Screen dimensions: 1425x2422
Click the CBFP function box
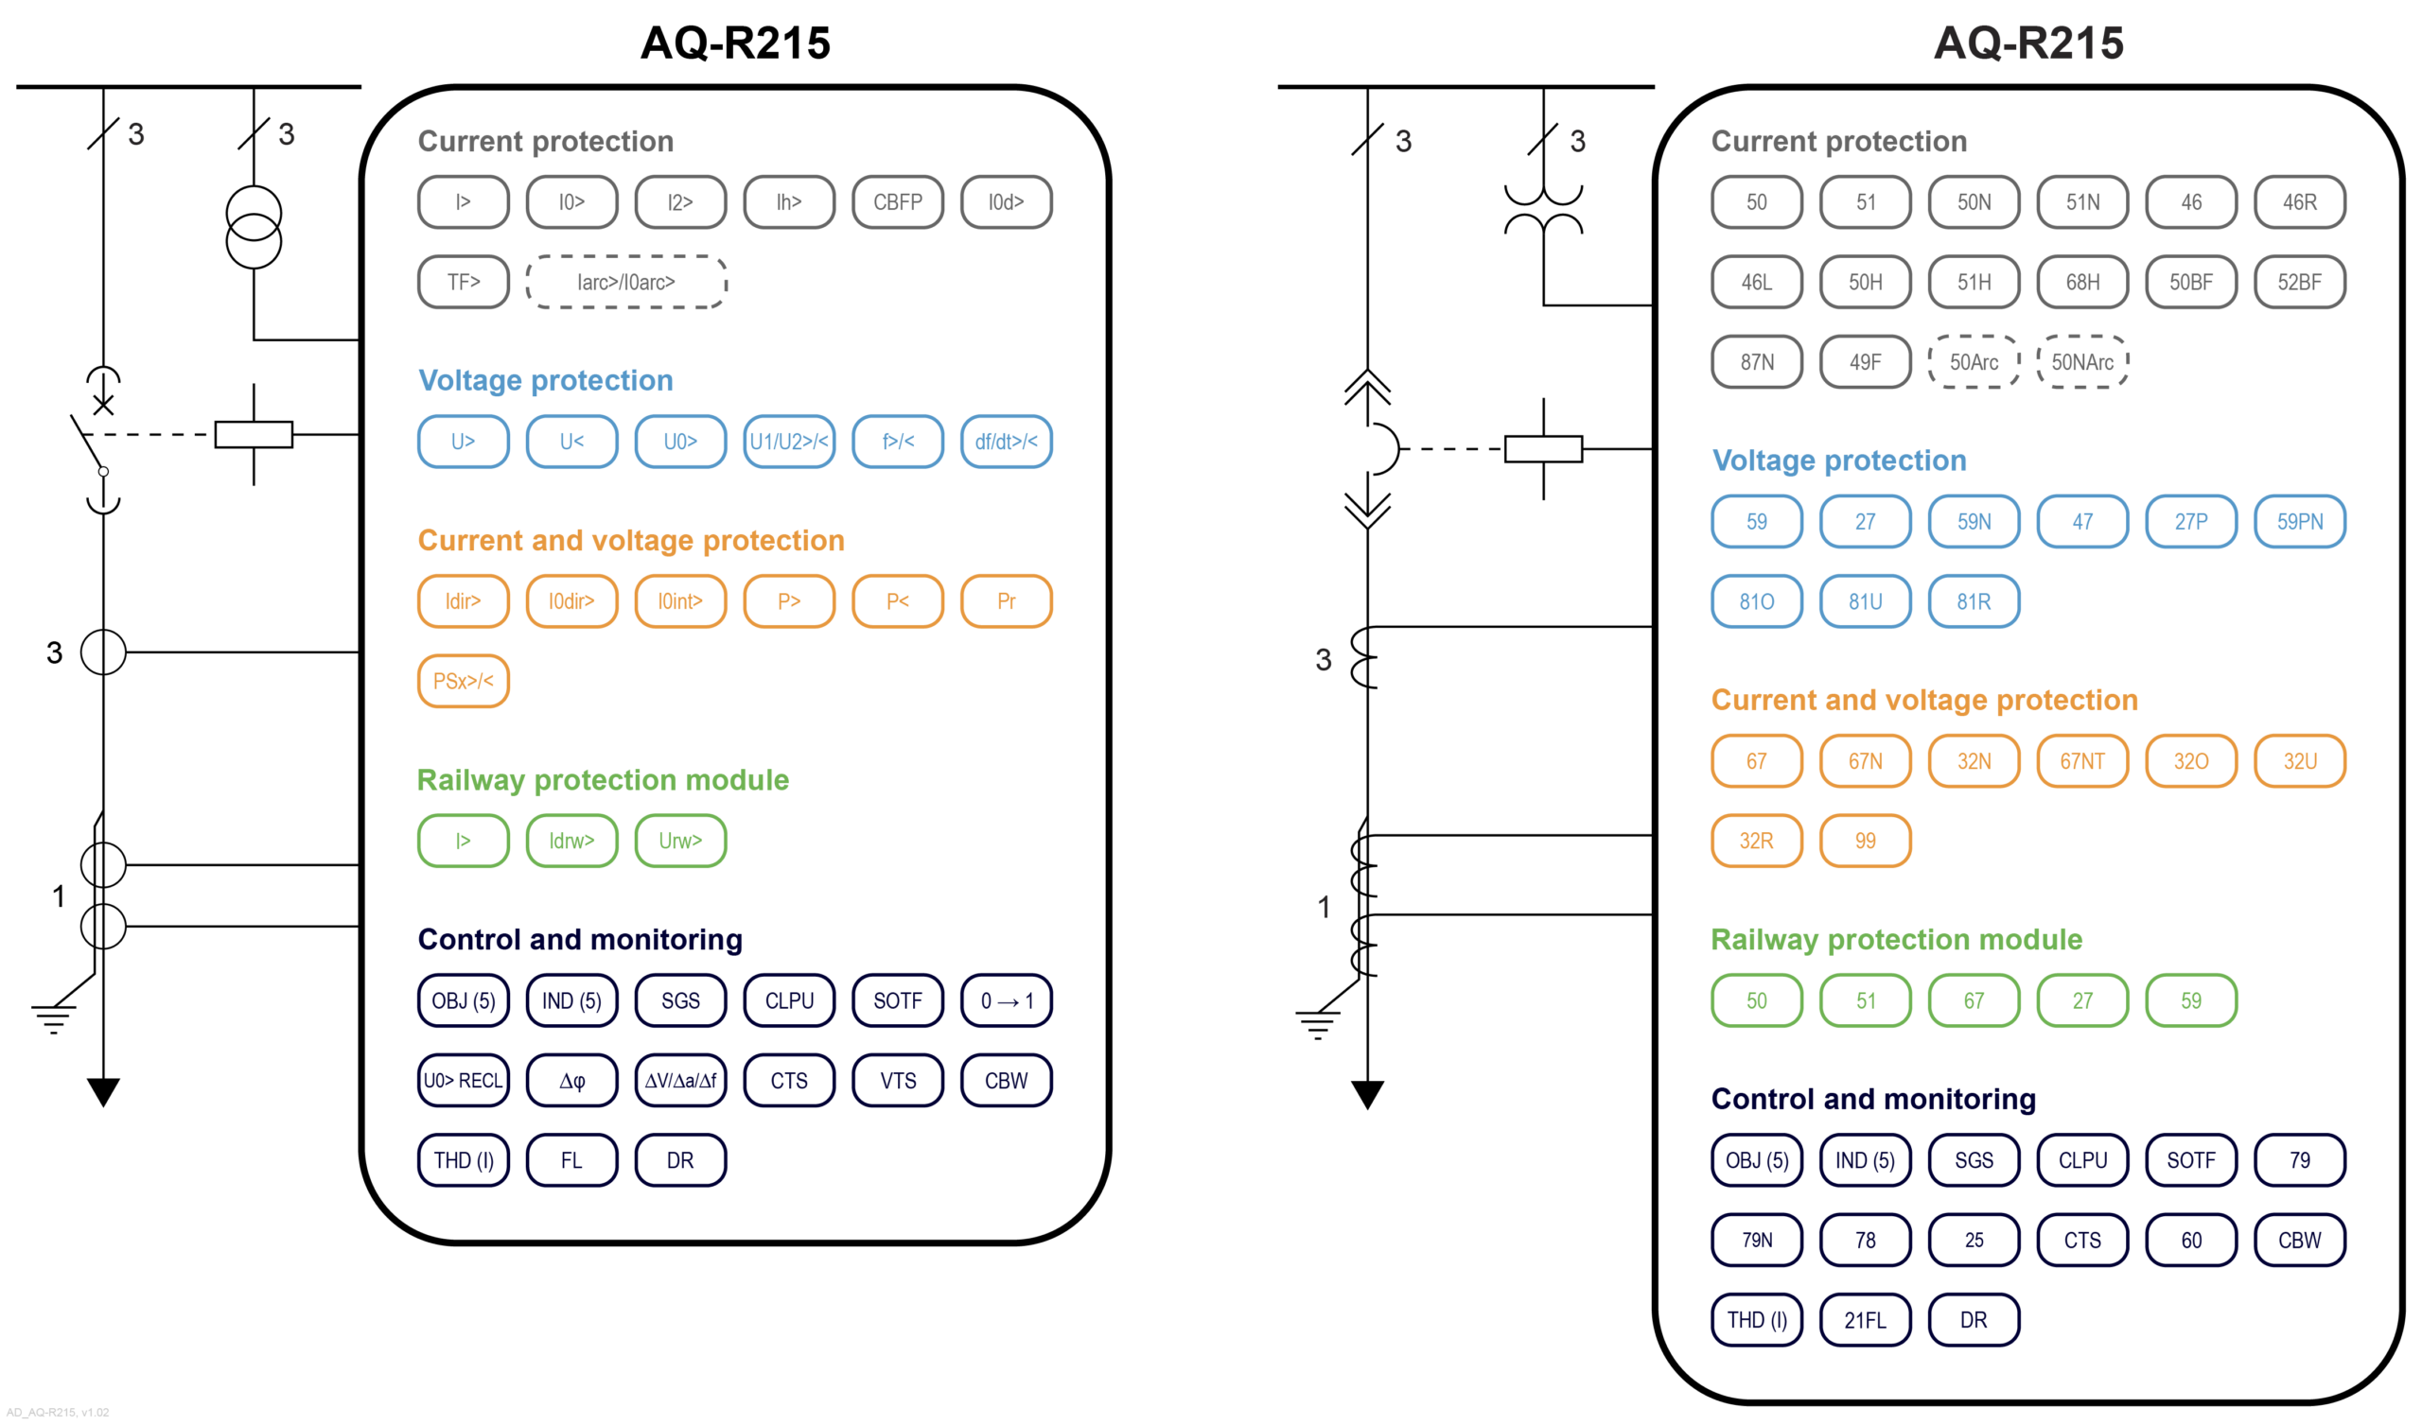point(897,201)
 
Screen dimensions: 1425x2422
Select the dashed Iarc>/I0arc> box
point(625,282)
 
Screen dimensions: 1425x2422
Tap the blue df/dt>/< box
point(1006,441)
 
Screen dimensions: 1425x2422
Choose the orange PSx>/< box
point(464,680)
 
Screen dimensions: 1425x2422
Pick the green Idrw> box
point(571,841)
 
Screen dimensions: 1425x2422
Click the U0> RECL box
point(464,1080)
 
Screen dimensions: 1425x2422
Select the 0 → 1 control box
point(1006,1000)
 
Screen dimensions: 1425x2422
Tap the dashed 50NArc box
point(2081,362)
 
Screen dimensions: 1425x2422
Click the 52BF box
point(2299,282)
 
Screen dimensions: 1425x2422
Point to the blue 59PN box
point(2299,521)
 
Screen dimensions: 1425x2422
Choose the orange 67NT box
point(2081,761)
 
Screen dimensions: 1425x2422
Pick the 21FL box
point(1865,1319)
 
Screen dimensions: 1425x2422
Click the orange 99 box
point(1865,841)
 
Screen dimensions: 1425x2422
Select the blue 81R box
point(1974,601)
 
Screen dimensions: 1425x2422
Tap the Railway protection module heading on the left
point(603,779)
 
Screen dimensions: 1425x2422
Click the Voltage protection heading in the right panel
point(1838,461)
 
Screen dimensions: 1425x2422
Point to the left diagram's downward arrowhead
point(103,1090)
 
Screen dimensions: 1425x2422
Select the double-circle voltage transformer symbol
point(254,227)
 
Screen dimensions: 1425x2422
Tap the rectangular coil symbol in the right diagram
point(1542,449)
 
